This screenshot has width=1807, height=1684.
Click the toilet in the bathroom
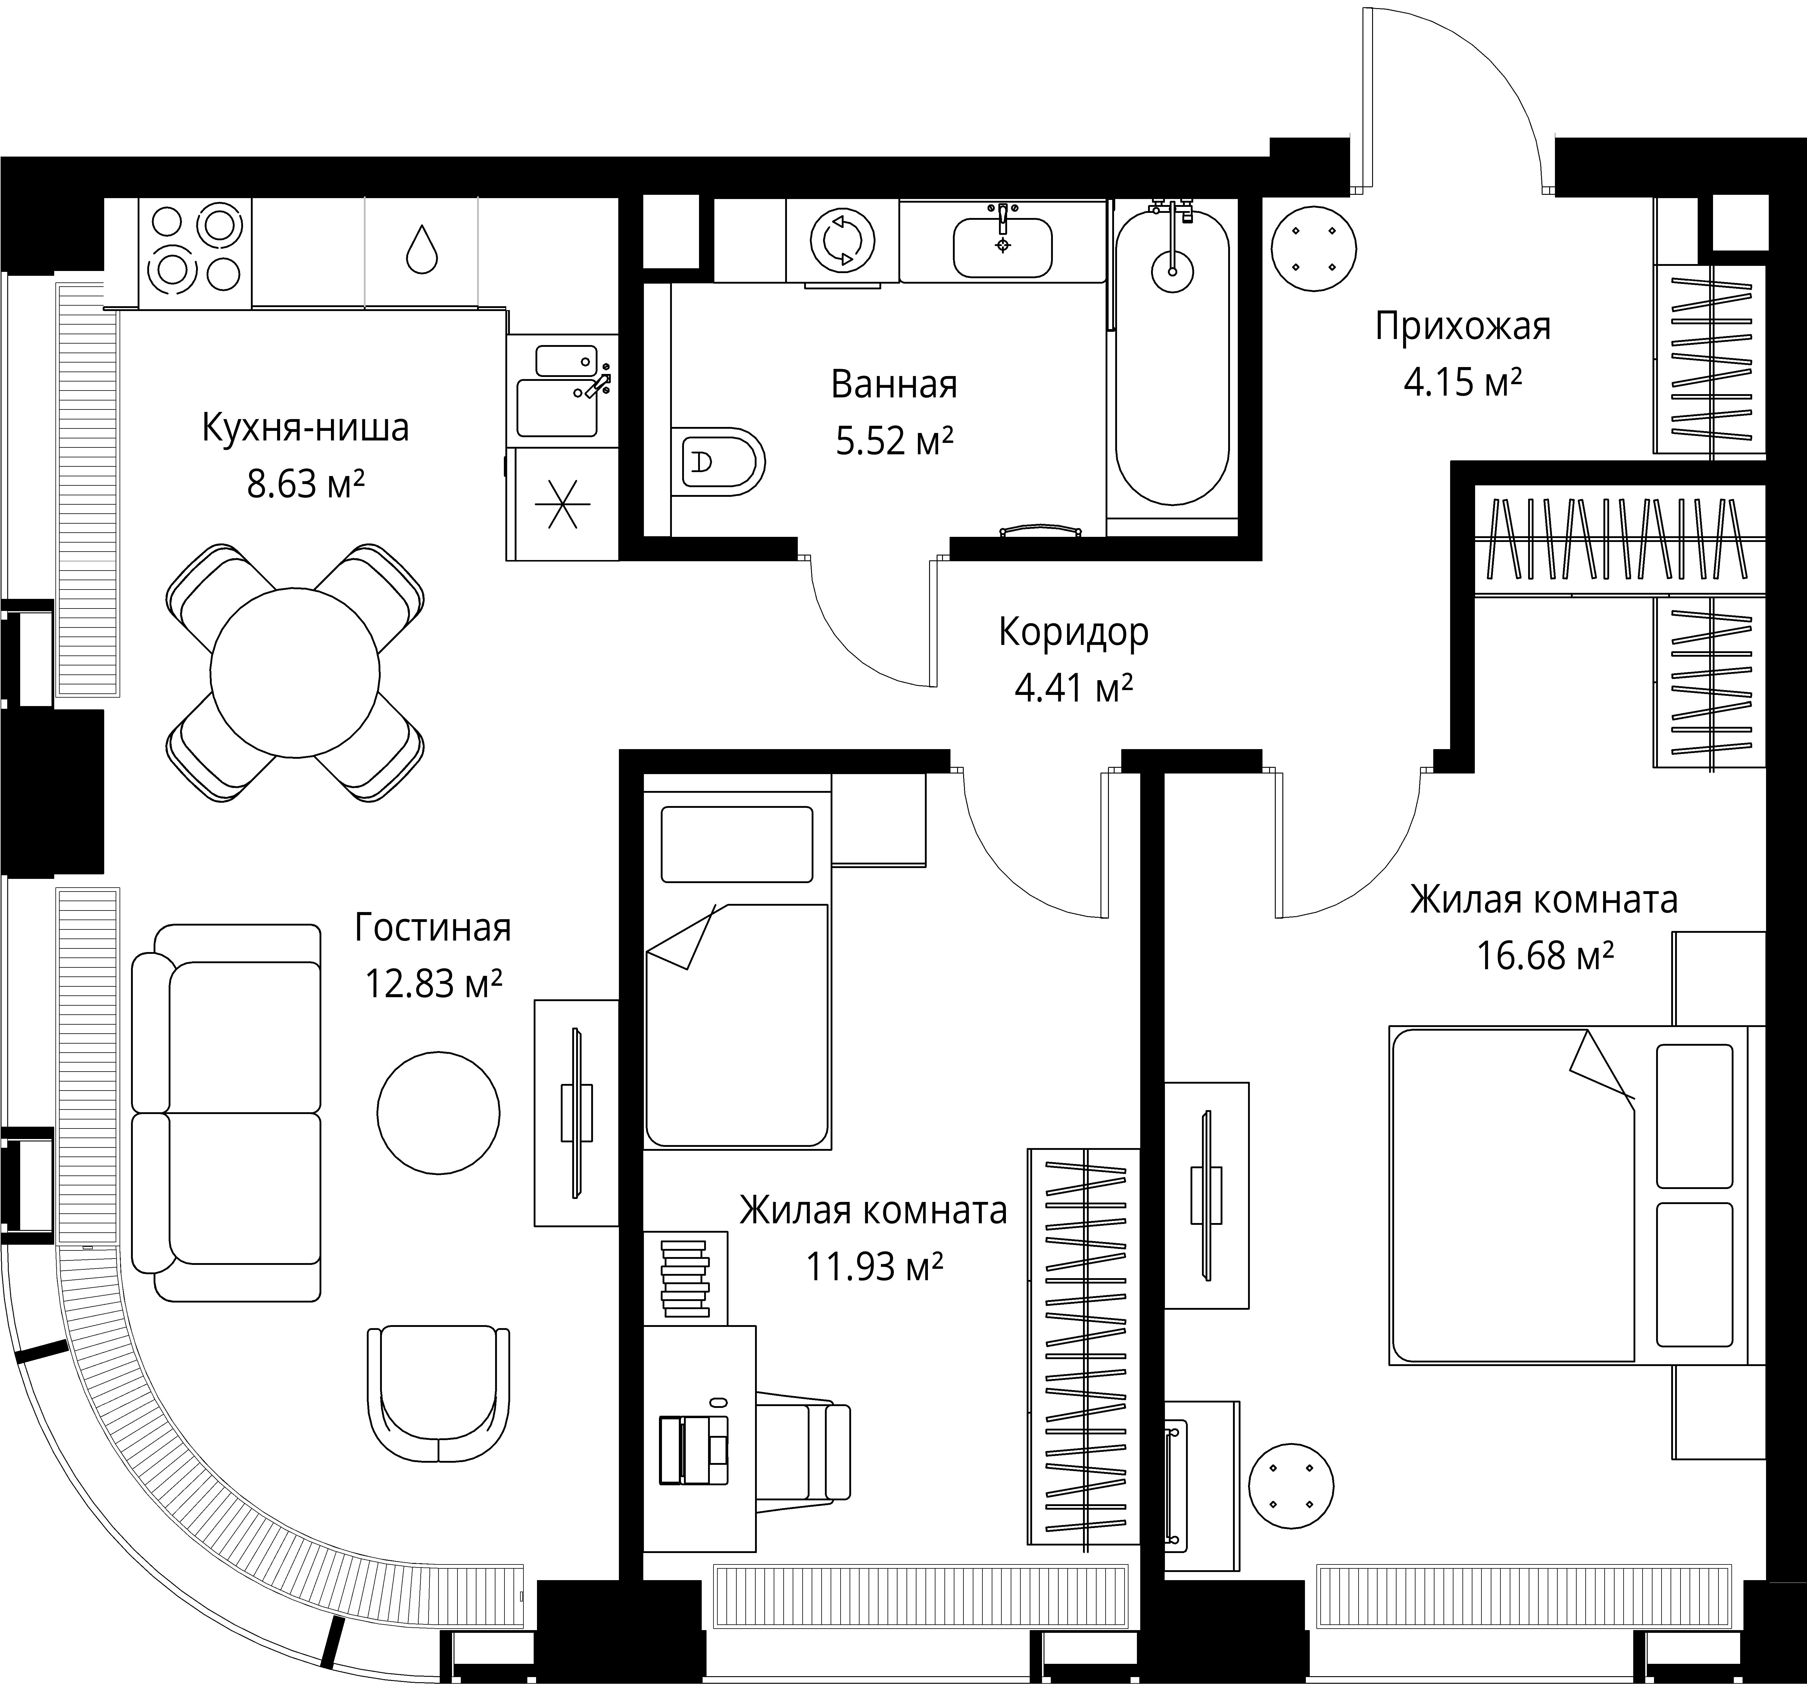718,462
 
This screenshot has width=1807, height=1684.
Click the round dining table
295,673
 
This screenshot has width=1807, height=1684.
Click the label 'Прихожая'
1462,326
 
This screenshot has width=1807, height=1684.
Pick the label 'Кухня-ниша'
305,427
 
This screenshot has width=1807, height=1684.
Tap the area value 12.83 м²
434,983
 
